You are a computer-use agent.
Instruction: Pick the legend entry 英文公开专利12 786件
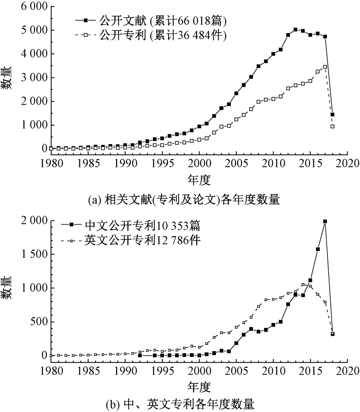click(142, 240)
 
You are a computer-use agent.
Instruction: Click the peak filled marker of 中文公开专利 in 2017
click(325, 221)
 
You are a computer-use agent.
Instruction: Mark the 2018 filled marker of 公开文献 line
click(332, 115)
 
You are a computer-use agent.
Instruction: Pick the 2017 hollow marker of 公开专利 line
click(325, 67)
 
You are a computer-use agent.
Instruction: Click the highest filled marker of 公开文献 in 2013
click(295, 30)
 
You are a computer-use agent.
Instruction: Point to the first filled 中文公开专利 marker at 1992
click(140, 355)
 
